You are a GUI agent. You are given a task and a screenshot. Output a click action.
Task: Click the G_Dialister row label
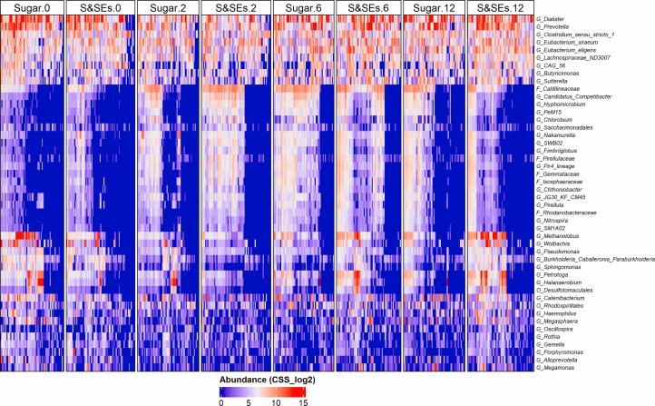552,19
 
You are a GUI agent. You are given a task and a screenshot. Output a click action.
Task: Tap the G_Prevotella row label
554,27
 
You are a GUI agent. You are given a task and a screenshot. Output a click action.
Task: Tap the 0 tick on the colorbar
221,400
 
